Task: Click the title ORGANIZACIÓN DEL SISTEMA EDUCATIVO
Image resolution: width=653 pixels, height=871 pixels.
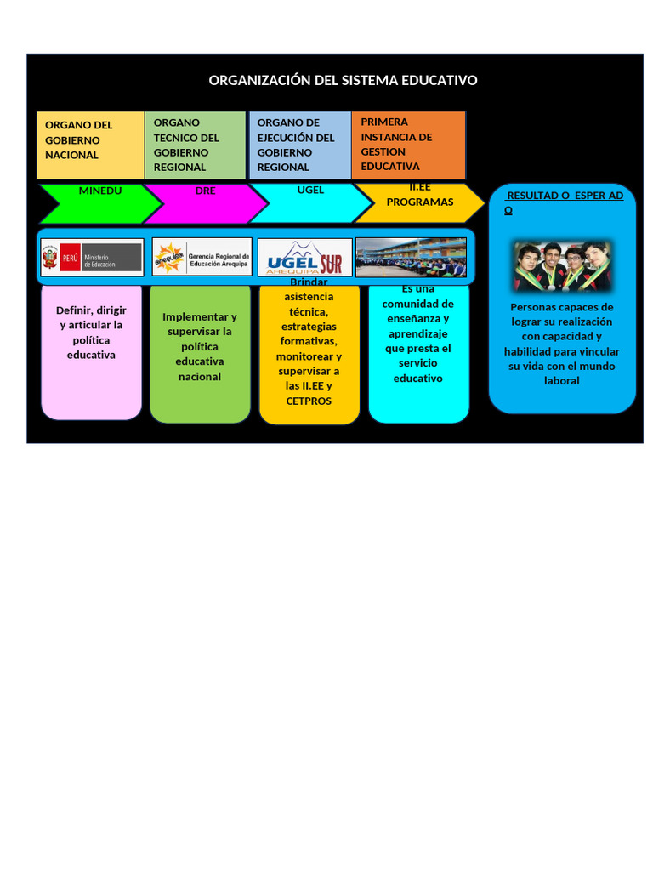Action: [343, 80]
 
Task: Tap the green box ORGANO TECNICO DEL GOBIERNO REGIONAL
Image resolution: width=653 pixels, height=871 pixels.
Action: [196, 145]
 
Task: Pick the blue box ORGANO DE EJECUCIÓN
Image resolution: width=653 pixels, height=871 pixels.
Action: [299, 145]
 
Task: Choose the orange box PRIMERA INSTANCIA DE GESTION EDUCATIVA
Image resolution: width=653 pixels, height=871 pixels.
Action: [408, 145]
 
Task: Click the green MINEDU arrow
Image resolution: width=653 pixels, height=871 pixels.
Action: [100, 202]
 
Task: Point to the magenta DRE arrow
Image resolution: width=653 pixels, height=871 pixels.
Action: [206, 202]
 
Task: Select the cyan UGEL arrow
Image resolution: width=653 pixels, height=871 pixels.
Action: [311, 202]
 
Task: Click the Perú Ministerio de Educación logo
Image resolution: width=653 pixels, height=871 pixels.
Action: [92, 257]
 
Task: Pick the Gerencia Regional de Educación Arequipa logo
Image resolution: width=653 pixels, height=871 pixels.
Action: [202, 257]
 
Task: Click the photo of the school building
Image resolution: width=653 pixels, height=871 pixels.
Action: [411, 257]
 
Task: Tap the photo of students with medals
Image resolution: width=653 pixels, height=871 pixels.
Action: [561, 266]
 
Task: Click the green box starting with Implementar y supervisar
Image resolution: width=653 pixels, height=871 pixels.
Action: [200, 349]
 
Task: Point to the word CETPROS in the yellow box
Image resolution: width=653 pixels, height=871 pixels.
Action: [309, 401]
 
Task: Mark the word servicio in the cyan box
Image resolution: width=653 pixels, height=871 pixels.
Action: [417, 363]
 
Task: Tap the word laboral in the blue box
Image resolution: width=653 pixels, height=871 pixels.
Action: [561, 381]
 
